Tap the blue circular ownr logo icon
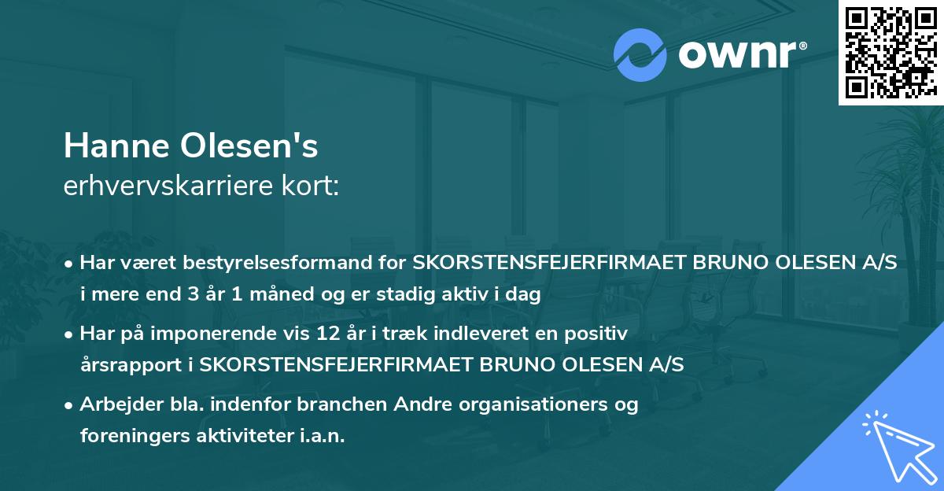(x=641, y=55)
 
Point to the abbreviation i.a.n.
(x=320, y=436)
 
